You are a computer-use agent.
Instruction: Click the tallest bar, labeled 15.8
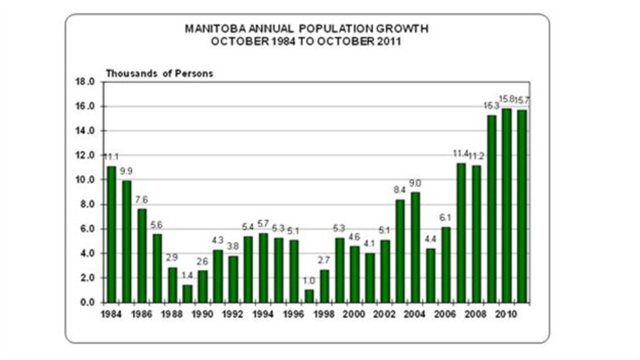coord(507,205)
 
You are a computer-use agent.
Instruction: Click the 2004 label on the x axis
coord(415,314)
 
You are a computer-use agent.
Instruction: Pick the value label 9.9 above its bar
coord(126,171)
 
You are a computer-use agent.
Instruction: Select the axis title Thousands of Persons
coord(159,73)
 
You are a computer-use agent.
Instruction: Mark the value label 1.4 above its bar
coord(187,276)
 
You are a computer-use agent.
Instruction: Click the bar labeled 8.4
coord(400,251)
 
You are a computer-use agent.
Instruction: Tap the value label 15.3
coord(491,105)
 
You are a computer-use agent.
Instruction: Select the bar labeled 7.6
coord(141,256)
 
